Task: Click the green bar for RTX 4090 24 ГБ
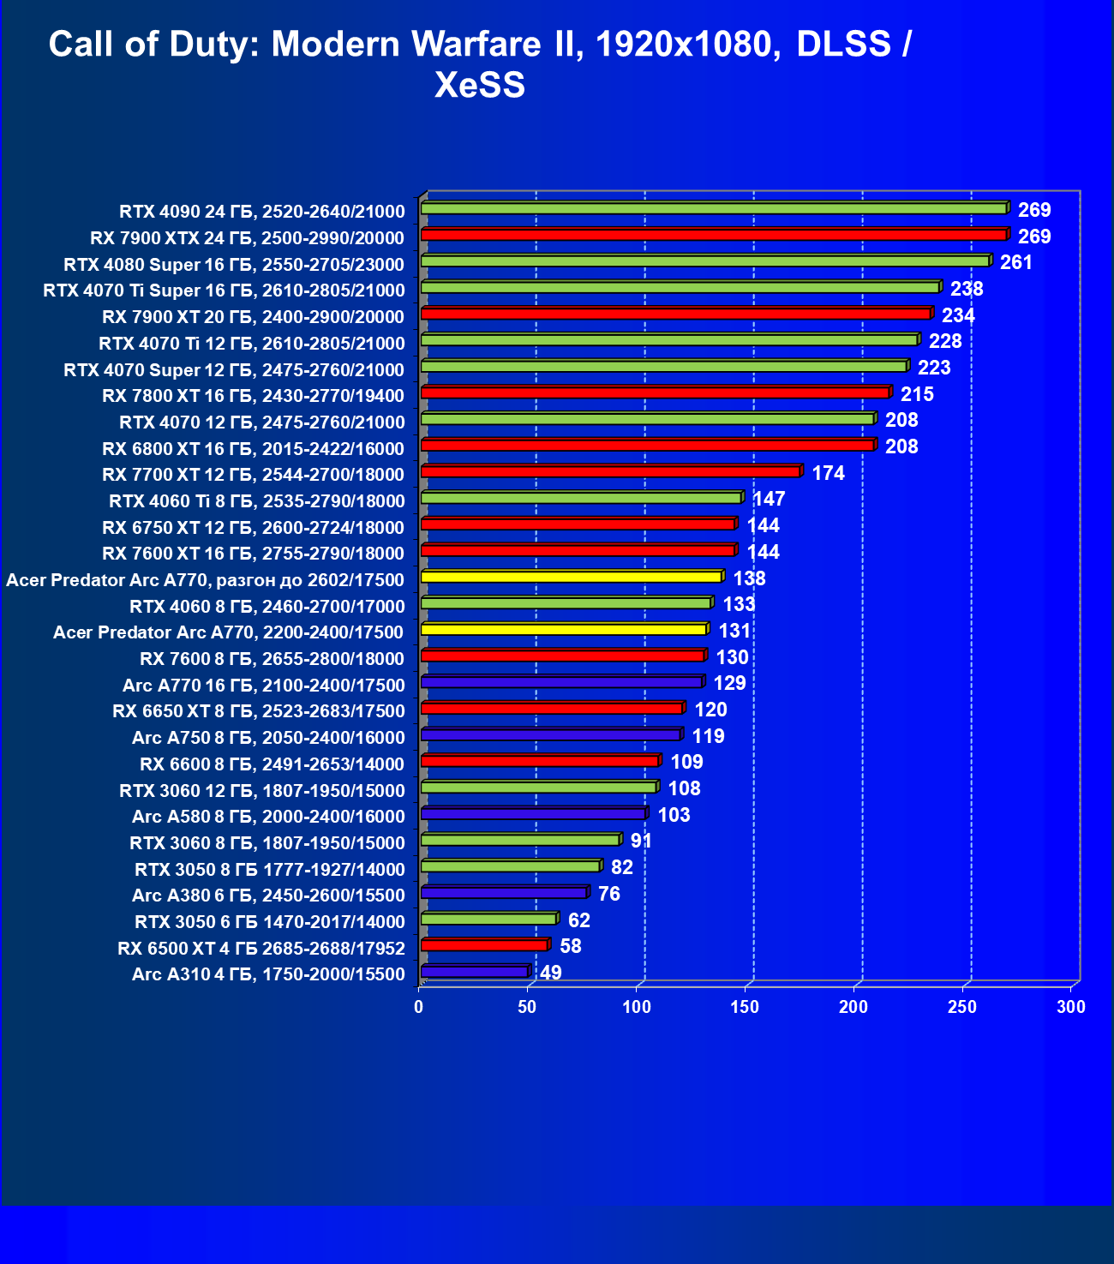[713, 208]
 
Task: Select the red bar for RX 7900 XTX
[713, 235]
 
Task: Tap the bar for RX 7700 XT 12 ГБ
[610, 471]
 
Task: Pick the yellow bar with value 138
[571, 577]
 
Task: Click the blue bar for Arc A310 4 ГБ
[474, 972]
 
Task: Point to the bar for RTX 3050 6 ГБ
[488, 920]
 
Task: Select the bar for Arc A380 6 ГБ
[503, 893]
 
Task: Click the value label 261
[1016, 262]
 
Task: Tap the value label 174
[828, 473]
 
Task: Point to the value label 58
[570, 946]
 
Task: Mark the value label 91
[641, 841]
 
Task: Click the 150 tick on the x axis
[745, 1007]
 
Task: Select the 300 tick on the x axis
[1071, 1007]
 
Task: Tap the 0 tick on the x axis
[419, 1007]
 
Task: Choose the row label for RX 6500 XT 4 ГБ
[261, 949]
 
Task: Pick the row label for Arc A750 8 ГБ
[267, 738]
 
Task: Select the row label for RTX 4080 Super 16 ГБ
[233, 264]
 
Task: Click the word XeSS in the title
[480, 85]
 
